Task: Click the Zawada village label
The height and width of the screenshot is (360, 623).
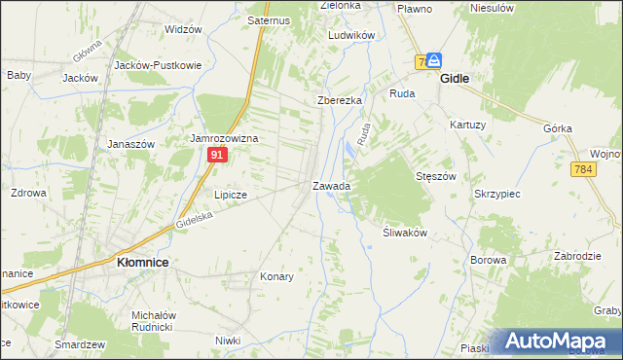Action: point(331,185)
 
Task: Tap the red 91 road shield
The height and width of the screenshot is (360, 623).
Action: point(219,155)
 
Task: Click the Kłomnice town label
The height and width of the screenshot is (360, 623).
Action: point(144,262)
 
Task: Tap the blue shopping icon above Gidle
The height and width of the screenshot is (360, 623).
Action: point(433,59)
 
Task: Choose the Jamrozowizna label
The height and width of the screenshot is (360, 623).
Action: point(224,139)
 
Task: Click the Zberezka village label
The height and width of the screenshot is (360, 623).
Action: point(340,100)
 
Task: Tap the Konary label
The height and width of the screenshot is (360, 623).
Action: point(276,276)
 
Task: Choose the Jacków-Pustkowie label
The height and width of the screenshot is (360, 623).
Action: point(158,65)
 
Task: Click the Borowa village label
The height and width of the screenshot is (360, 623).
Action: point(489,260)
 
